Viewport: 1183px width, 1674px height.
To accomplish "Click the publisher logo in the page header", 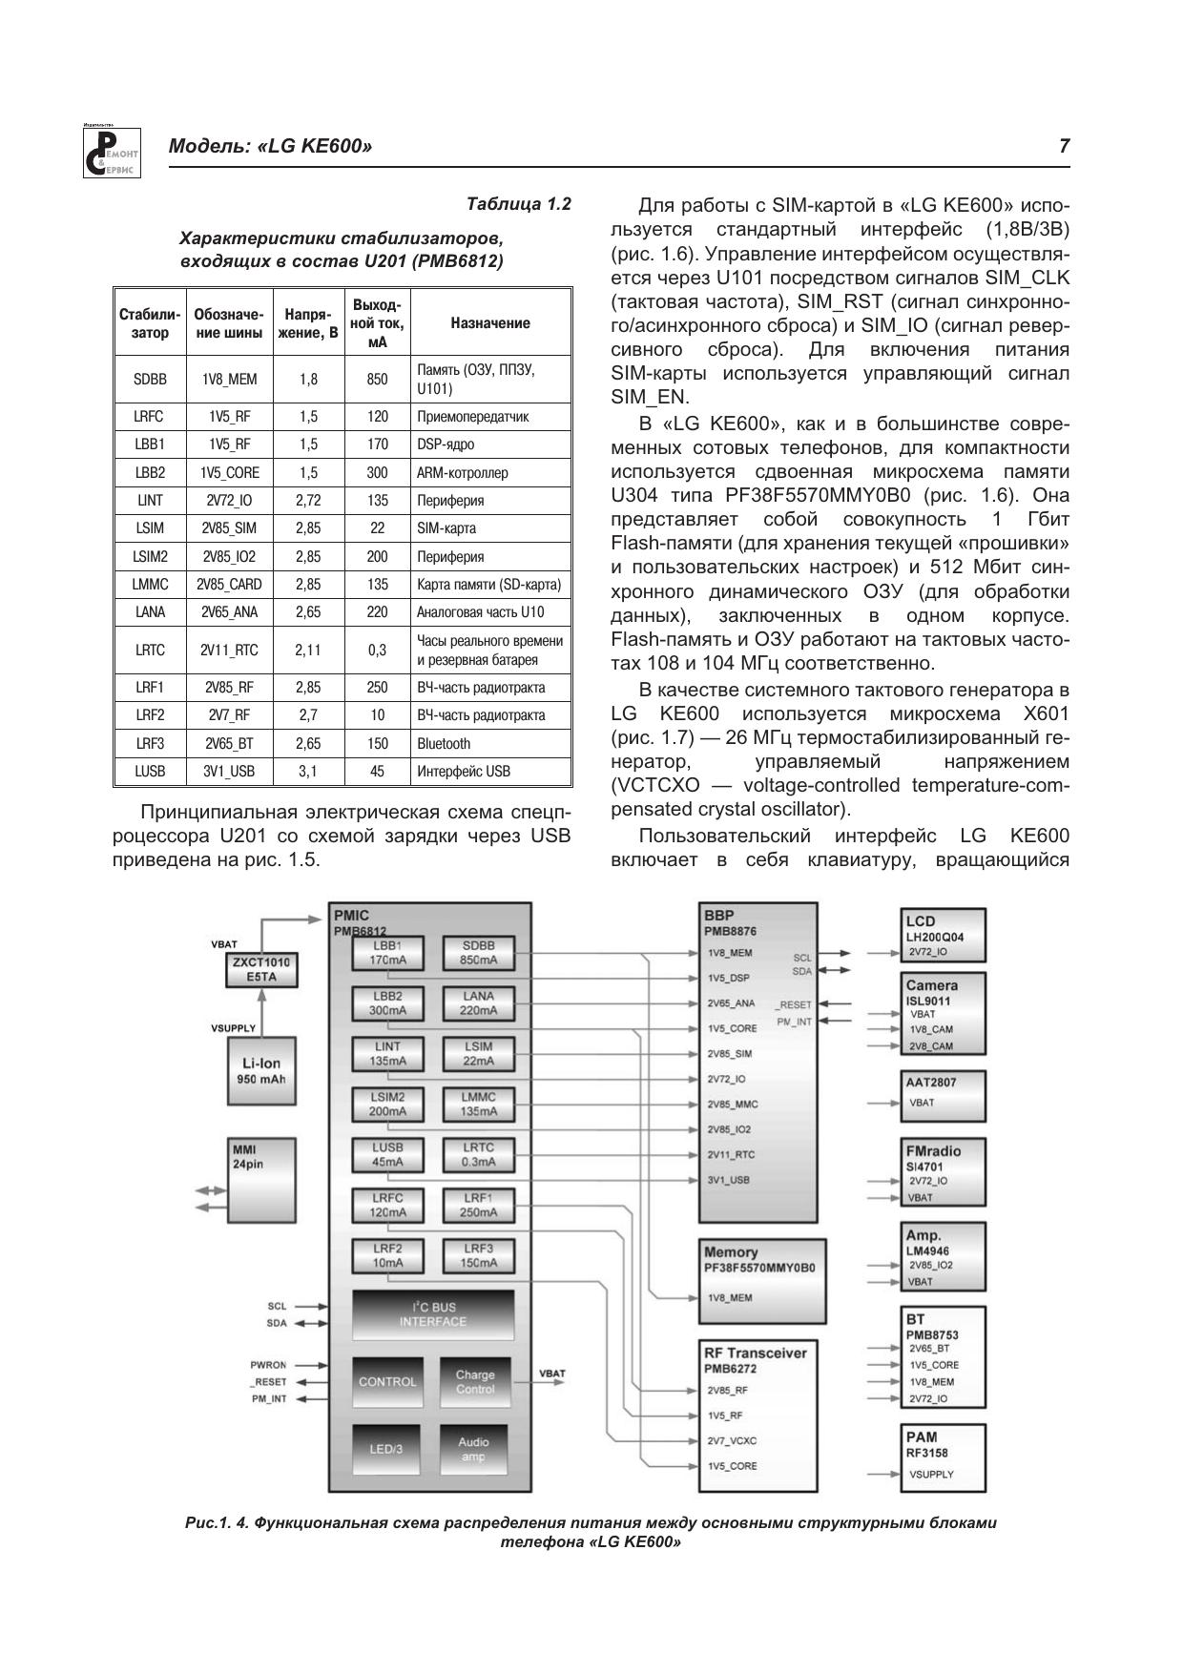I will click(112, 152).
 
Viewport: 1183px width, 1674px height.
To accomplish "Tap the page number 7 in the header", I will click(1064, 146).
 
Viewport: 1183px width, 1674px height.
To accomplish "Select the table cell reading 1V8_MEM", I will click(229, 379).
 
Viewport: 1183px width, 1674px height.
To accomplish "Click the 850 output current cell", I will click(377, 379).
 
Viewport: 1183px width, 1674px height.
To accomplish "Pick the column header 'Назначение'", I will click(490, 322).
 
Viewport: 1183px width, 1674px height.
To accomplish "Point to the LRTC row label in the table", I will click(150, 650).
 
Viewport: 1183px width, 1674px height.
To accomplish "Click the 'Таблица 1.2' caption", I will click(518, 204).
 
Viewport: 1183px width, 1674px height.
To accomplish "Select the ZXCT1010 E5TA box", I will click(260, 970).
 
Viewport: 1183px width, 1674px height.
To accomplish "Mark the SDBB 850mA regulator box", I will click(478, 953).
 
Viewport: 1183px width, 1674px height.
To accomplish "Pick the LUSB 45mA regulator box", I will click(387, 1154).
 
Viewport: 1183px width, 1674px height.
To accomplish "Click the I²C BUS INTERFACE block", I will click(432, 1314).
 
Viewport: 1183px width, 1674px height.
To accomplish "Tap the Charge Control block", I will click(474, 1382).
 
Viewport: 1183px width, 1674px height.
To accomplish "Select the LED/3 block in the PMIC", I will click(386, 1449).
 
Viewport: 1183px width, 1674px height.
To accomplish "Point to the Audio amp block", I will click(473, 1449).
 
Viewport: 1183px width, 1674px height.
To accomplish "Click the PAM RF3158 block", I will click(943, 1457).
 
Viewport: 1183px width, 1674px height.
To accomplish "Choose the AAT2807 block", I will click(943, 1094).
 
